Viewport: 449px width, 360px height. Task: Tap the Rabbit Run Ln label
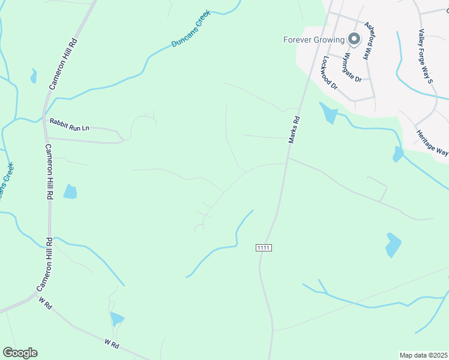tap(69, 124)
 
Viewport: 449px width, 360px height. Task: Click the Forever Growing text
tap(314, 40)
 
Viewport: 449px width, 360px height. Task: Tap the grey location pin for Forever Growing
tap(354, 40)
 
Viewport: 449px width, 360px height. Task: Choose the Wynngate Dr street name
tap(352, 68)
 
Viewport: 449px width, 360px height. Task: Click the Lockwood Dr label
tap(330, 73)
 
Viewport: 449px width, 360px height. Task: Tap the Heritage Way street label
tap(432, 143)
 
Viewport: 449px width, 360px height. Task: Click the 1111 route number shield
tap(264, 248)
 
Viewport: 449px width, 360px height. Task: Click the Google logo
tap(20, 353)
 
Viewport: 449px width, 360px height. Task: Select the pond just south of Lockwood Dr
tap(328, 112)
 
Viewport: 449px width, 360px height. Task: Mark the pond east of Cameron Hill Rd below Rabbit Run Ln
tap(70, 191)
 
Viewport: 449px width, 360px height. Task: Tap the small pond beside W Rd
tap(117, 319)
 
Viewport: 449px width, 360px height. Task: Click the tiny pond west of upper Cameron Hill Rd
tap(34, 76)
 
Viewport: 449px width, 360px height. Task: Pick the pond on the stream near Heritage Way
tap(397, 155)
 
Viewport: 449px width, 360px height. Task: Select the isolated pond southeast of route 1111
tap(393, 245)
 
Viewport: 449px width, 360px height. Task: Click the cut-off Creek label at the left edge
tap(6, 183)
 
